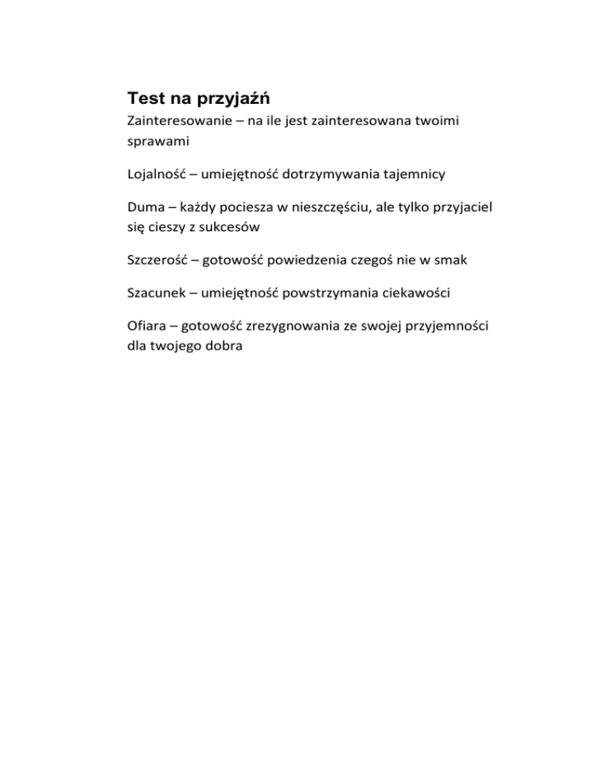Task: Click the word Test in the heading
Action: point(145,99)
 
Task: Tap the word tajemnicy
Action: point(438,176)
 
